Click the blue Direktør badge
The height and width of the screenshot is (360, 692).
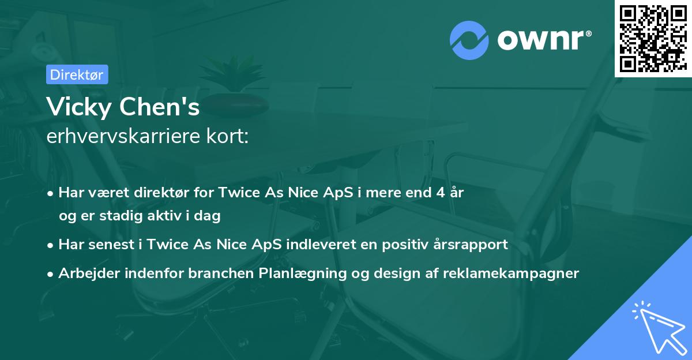tap(77, 74)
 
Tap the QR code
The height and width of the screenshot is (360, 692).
tap(653, 39)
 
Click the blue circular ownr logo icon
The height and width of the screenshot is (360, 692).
tap(469, 40)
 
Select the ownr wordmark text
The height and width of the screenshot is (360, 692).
tap(540, 40)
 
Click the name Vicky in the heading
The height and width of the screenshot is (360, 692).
tap(80, 107)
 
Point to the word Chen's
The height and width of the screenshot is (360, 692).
tap(159, 107)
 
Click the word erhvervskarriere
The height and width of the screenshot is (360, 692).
tap(123, 136)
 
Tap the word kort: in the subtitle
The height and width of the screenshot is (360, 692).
tap(227, 136)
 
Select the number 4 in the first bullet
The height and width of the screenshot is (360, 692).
tap(441, 193)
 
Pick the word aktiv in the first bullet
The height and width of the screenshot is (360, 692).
tap(164, 215)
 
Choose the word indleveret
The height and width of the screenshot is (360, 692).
tap(321, 244)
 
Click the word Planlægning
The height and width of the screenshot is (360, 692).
tap(302, 273)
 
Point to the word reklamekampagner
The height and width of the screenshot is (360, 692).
tap(511, 273)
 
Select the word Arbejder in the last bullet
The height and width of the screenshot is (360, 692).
tap(89, 273)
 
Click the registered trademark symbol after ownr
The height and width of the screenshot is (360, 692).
tap(588, 33)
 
